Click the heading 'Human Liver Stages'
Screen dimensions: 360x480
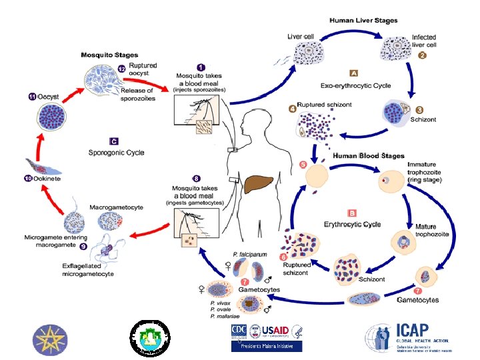click(x=363, y=21)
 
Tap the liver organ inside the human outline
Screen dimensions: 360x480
click(x=258, y=183)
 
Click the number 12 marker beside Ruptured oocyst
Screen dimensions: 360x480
click(x=121, y=69)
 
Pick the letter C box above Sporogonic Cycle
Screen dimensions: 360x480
click(x=114, y=141)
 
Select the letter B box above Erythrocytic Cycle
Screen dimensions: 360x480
click(x=351, y=213)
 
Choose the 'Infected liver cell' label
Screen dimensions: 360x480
click(x=424, y=41)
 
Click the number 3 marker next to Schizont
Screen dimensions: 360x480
click(x=419, y=109)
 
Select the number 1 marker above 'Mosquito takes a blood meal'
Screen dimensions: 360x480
click(x=201, y=67)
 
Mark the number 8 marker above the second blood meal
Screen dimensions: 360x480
click(x=196, y=178)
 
